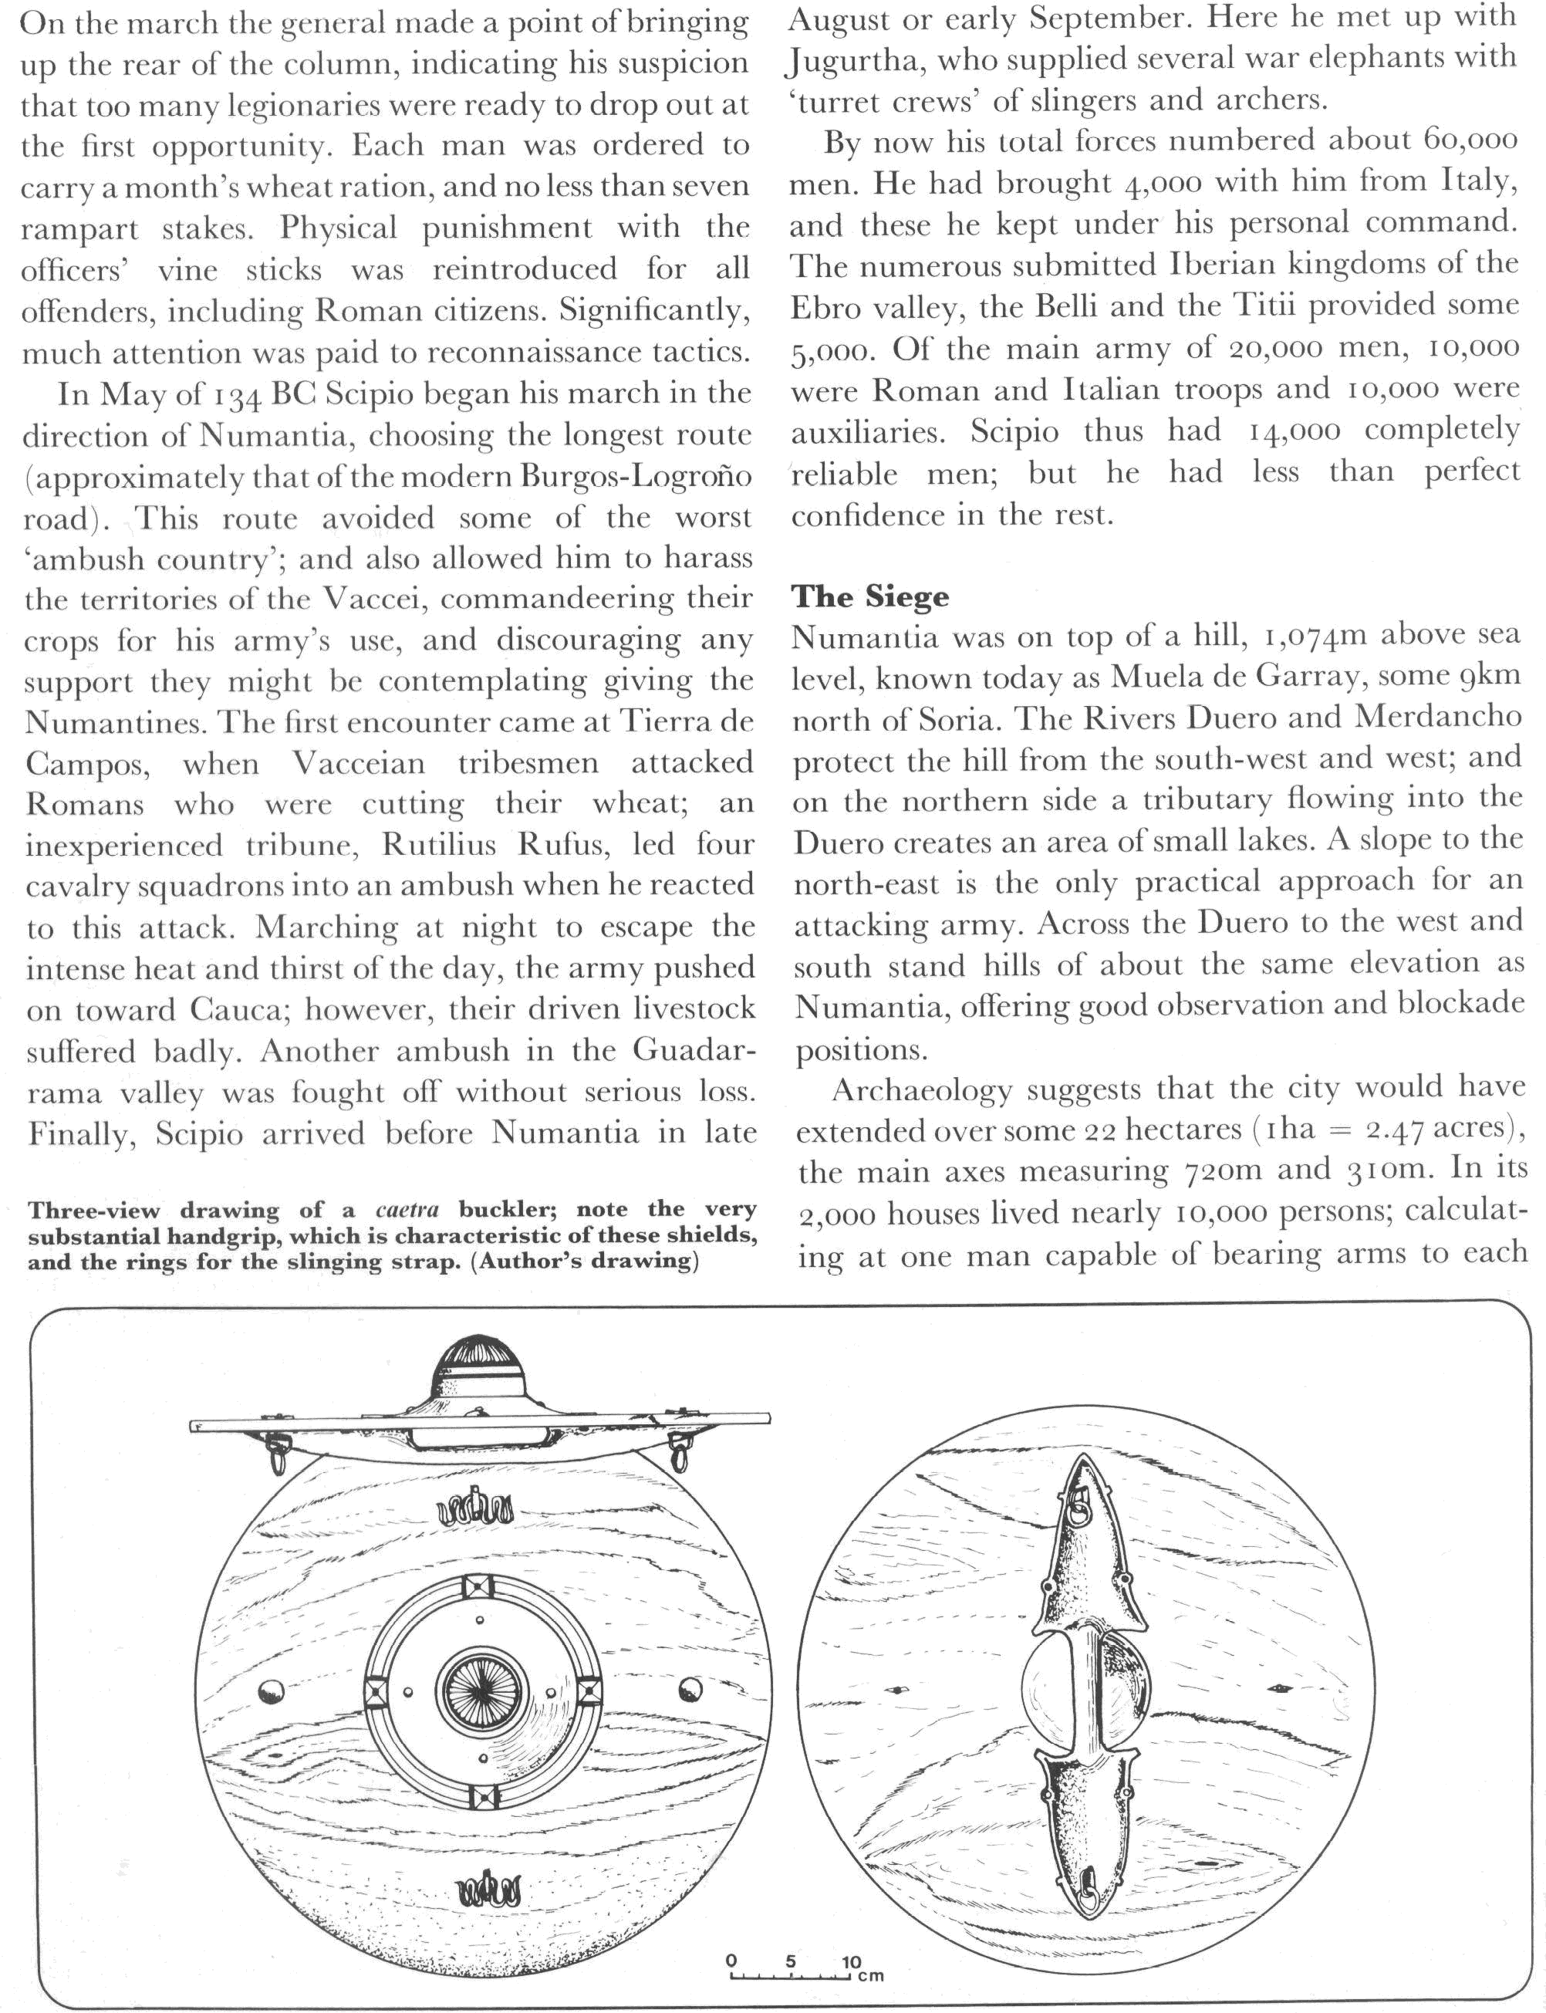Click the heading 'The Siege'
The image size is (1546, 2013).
pyautogui.click(x=869, y=596)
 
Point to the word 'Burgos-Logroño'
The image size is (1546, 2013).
pyautogui.click(x=636, y=477)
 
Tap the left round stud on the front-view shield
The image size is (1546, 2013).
pyautogui.click(x=272, y=1690)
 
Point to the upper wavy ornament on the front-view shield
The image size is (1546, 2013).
pyautogui.click(x=476, y=1507)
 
